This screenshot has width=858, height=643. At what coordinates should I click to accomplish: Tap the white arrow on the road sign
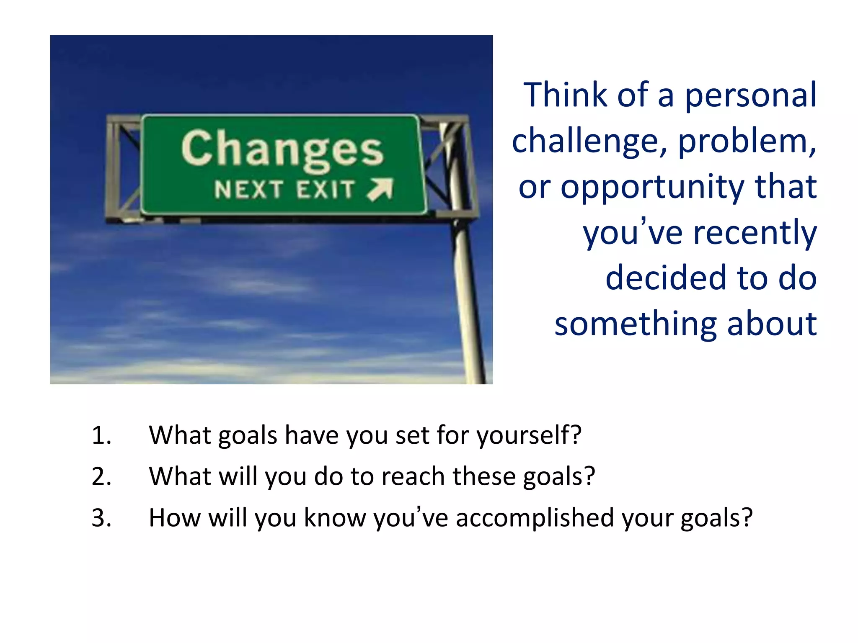click(x=380, y=189)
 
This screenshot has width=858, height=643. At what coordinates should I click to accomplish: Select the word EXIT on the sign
click(x=326, y=190)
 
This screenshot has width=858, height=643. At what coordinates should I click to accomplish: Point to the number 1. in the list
click(x=101, y=435)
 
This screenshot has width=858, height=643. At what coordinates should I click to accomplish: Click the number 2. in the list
click(x=101, y=476)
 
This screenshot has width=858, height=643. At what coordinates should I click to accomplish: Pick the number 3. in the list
click(x=101, y=518)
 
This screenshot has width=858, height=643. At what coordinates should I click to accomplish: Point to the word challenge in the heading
click(x=585, y=141)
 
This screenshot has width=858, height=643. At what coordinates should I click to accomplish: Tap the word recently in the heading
click(x=755, y=233)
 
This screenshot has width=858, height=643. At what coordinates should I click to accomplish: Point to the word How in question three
click(x=175, y=518)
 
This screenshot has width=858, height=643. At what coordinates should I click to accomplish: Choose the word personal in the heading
click(x=750, y=96)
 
